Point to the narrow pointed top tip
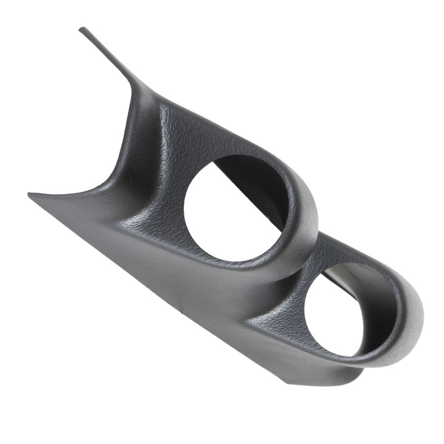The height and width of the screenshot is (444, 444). [82, 29]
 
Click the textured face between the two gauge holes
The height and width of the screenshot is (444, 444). [289, 277]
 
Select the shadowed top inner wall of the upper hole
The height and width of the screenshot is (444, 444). [244, 167]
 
